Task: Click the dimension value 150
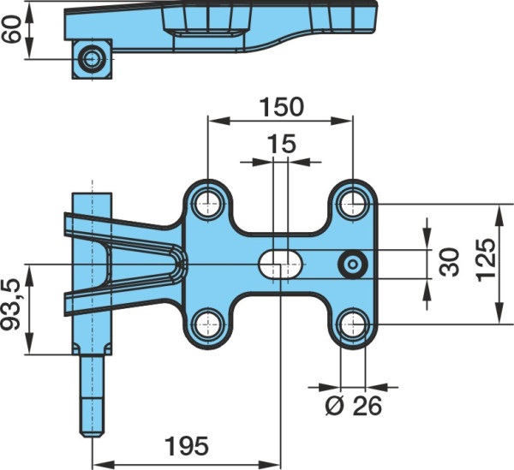click(282, 107)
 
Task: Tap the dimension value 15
click(282, 144)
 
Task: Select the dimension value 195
click(186, 446)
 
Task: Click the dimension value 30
click(450, 262)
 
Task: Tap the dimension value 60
click(11, 29)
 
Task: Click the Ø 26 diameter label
click(354, 406)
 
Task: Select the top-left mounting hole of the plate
click(208, 204)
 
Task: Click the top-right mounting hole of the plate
click(353, 204)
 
